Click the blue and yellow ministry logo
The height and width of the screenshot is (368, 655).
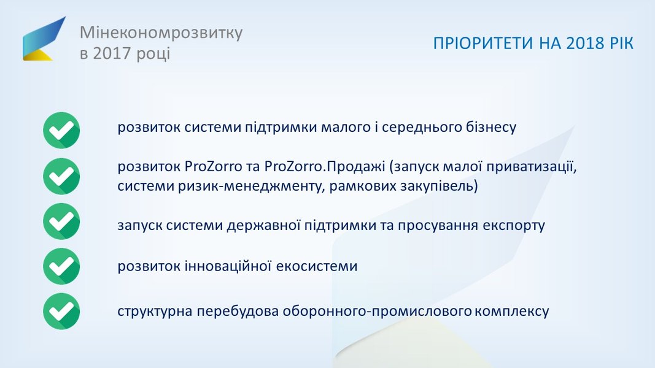tap(44, 39)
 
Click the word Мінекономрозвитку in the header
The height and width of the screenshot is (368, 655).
tap(161, 33)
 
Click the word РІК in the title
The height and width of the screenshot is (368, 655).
tap(621, 44)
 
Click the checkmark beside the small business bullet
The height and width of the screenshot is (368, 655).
tap(61, 130)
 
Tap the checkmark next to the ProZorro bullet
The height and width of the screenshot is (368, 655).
tap(61, 176)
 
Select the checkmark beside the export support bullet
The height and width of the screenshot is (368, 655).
tap(61, 221)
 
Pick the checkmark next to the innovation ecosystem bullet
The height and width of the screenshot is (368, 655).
tap(61, 266)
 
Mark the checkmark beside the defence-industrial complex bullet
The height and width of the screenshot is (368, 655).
tap(61, 311)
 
